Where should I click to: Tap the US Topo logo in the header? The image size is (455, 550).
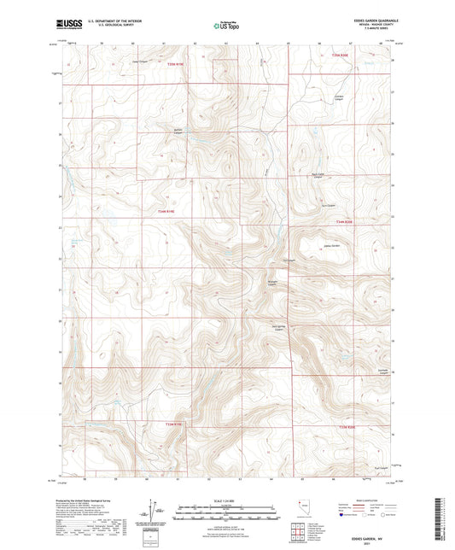226,26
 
